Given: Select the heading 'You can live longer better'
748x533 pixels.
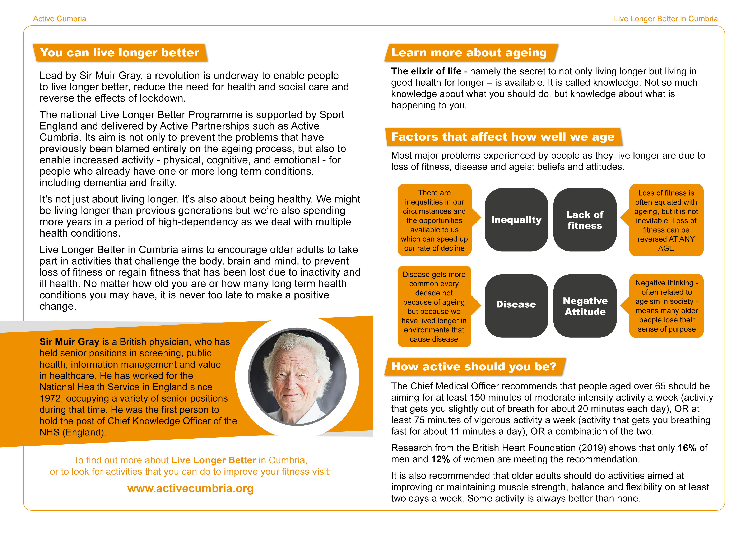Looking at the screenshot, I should pyautogui.click(x=120, y=52).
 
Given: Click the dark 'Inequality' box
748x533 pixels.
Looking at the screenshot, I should pyautogui.click(x=516, y=220).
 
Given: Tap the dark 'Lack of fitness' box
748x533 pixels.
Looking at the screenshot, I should pyautogui.click(x=585, y=220).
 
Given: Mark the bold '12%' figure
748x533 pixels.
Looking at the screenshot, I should pyautogui.click(x=440, y=459).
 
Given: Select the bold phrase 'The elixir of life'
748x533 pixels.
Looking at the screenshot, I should pyautogui.click(x=426, y=71).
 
